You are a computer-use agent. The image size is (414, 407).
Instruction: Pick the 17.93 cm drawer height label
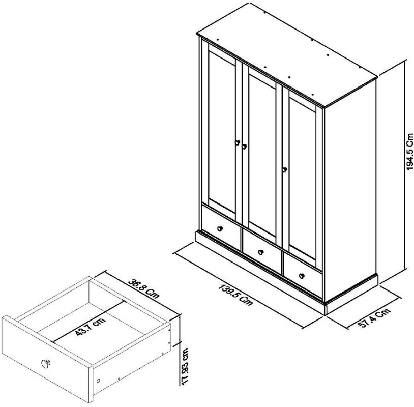pos(185,367)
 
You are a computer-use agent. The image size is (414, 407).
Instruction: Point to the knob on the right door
pos(284,169)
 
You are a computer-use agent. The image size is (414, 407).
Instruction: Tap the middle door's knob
pos(244,147)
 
